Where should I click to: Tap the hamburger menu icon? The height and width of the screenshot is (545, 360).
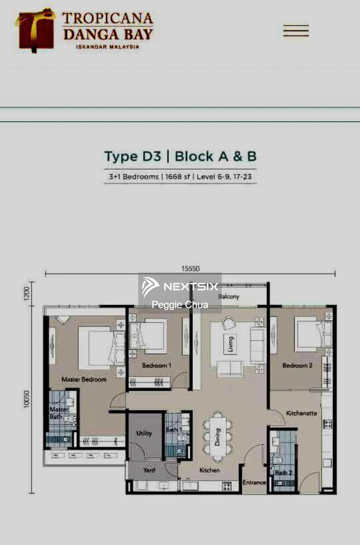pos(296,31)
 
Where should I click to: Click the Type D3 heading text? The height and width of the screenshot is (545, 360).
pos(133,157)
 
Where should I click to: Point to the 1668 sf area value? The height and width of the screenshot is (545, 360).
pos(177,177)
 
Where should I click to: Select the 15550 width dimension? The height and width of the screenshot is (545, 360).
pos(190,269)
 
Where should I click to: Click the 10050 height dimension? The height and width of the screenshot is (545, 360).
pos(27,399)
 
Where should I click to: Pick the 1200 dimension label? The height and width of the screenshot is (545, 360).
pos(27,294)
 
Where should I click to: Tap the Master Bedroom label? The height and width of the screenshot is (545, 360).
pos(84,379)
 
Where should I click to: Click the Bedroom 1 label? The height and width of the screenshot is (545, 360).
pos(156,366)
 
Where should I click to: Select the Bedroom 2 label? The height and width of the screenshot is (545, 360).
pos(297,366)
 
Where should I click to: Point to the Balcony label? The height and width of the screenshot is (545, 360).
pos(228,296)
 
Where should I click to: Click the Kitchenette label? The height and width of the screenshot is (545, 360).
pos(301,413)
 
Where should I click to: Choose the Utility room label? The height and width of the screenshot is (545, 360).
pos(144,433)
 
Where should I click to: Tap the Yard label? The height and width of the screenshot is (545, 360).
pos(149,470)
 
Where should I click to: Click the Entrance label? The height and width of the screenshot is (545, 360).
pos(254,483)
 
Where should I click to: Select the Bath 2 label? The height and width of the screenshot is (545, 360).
pos(283,472)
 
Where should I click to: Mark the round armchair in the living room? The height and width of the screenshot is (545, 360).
pos(229,323)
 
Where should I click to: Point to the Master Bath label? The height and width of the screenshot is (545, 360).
pos(58,413)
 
